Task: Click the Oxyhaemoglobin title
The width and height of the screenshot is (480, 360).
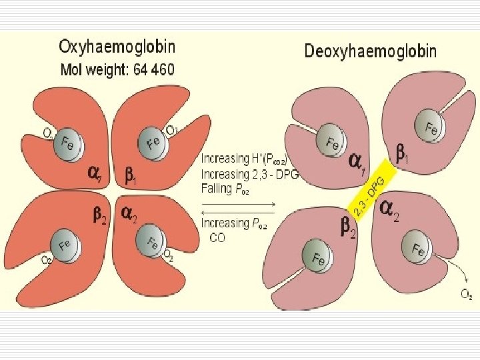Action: pyautogui.click(x=117, y=47)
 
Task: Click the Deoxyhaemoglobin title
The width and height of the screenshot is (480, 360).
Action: pyautogui.click(x=371, y=51)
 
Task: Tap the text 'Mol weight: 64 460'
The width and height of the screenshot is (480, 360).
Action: pyautogui.click(x=118, y=70)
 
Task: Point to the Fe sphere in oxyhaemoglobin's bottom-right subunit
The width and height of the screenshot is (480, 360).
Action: pyautogui.click(x=151, y=241)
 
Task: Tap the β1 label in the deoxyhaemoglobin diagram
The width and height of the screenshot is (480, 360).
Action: pyautogui.click(x=403, y=156)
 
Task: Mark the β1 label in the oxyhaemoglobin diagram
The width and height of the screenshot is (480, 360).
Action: pyautogui.click(x=132, y=177)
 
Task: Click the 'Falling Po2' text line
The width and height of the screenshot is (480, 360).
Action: pyautogui.click(x=225, y=189)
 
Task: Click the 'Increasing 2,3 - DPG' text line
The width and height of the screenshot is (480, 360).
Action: pyautogui.click(x=249, y=174)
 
